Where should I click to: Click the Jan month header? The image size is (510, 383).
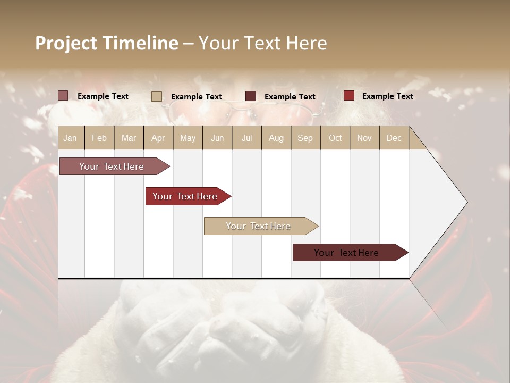click(71, 138)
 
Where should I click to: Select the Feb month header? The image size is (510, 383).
click(99, 138)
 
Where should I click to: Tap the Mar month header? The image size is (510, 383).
click(129, 138)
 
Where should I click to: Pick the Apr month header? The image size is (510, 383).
click(158, 138)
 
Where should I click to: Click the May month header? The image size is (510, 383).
click(188, 138)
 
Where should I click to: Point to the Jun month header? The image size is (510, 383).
click(217, 138)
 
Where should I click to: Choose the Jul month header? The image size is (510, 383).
click(246, 138)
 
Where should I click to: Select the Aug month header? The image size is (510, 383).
click(276, 138)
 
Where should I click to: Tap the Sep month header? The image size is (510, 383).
click(305, 138)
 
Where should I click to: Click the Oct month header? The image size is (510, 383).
click(335, 138)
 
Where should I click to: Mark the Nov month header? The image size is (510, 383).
click(364, 138)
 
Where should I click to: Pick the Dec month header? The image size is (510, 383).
click(394, 138)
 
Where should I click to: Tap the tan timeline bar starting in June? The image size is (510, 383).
click(259, 226)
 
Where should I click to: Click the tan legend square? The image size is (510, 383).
click(157, 96)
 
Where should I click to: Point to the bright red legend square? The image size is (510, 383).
click(349, 96)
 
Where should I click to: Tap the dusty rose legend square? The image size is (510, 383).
click(63, 96)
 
